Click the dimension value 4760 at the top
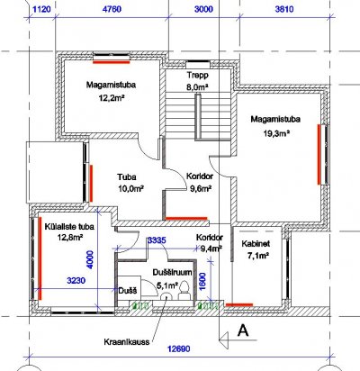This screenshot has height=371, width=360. point(112,9)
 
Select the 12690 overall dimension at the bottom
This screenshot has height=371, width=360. point(179,349)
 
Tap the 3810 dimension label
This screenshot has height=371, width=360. point(284,9)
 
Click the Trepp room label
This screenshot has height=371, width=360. point(197,75)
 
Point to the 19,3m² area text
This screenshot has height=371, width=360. point(276,133)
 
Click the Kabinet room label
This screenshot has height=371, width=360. point(256,243)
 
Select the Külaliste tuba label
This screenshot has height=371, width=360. point(69,227)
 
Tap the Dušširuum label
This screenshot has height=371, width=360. point(172,273)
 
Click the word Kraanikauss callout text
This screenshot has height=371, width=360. point(127,342)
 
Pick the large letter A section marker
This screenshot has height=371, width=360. point(243,330)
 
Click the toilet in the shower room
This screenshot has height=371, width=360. point(184,290)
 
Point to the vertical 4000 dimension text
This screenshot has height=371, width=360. point(90,260)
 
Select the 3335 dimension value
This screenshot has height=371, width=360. point(157,240)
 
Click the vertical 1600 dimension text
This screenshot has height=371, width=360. point(202,282)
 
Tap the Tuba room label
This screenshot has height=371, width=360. point(127,176)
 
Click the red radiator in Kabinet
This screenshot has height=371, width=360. point(239,304)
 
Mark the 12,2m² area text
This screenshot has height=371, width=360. point(112,98)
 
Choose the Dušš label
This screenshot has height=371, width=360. point(128,291)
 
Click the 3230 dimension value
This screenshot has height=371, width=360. point(76,281)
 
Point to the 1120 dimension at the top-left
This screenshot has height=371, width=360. point(41,9)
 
